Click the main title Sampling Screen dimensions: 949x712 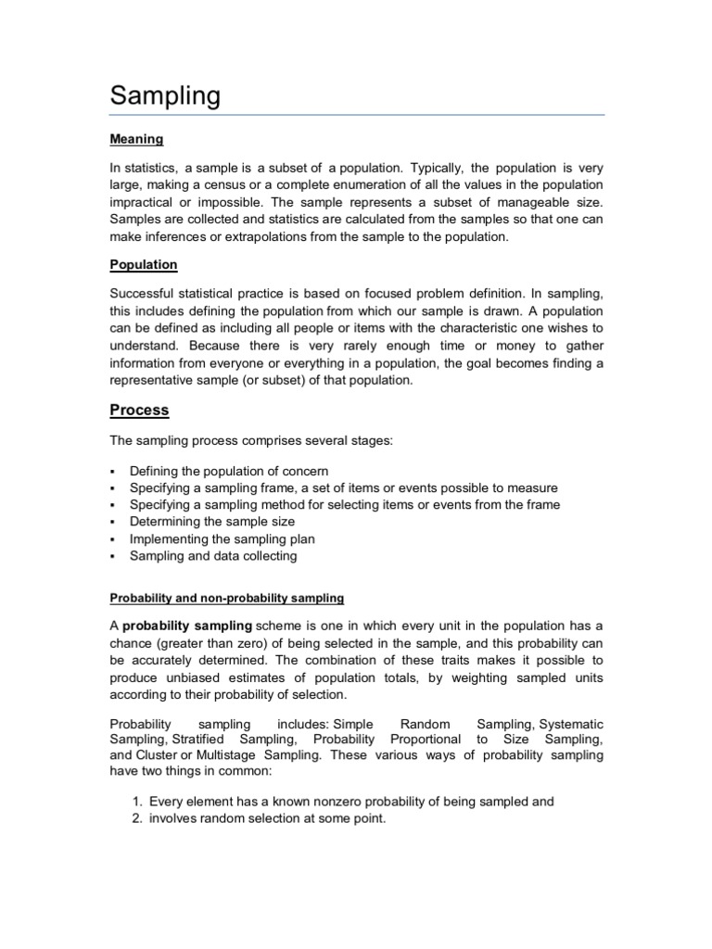[165, 95]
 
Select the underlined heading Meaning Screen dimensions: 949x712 [136, 139]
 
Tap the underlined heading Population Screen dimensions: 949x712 [143, 264]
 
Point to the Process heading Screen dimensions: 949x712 [139, 410]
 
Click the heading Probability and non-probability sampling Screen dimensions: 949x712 [227, 597]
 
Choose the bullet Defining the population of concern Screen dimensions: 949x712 [229, 471]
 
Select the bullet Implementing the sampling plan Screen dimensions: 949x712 [222, 538]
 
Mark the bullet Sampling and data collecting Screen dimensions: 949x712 [213, 556]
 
